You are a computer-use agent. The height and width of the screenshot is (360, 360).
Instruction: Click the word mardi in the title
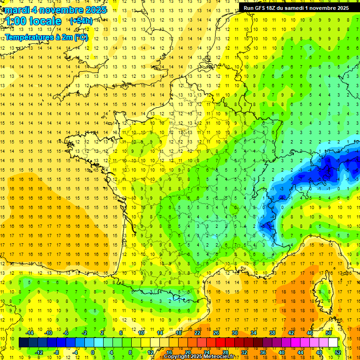click(x=19, y=10)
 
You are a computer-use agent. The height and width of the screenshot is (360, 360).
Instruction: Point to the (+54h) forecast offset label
click(x=81, y=21)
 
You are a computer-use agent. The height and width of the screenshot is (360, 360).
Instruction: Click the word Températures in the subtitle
click(x=30, y=37)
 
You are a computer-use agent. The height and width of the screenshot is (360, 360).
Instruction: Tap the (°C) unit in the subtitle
click(x=80, y=37)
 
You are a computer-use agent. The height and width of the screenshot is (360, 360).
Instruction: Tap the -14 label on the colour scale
click(x=30, y=332)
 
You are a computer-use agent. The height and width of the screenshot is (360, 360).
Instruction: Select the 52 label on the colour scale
click(x=338, y=352)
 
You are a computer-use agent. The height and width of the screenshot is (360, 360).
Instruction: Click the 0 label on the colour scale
click(x=93, y=352)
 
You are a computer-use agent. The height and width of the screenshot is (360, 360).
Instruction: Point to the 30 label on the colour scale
click(x=234, y=332)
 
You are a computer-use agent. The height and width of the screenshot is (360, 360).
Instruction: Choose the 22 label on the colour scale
click(x=197, y=332)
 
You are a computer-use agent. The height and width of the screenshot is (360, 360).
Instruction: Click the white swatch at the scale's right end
click(x=333, y=343)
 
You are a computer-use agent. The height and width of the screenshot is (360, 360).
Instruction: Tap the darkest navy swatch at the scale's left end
click(x=23, y=343)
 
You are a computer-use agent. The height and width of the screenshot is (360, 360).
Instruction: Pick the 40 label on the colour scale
click(x=281, y=352)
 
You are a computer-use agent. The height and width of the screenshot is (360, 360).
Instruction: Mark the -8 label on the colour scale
click(x=57, y=352)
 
